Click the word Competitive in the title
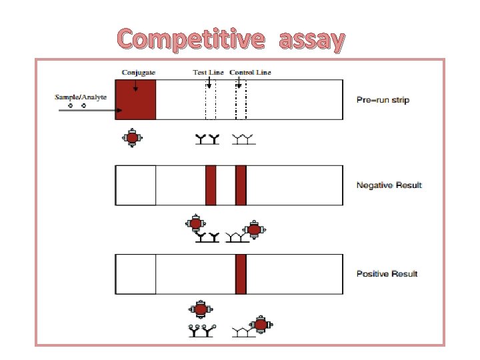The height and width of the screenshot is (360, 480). tap(190, 40)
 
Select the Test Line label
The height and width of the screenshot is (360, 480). tap(208, 72)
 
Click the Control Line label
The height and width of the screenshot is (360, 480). tap(250, 72)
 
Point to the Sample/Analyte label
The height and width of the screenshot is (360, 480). tap(80, 97)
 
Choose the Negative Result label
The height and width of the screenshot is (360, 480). tap(389, 185)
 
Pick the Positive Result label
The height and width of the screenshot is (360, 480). tap(387, 273)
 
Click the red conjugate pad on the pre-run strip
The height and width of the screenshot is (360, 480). tap(136, 100)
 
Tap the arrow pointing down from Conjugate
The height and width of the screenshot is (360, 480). tap(135, 85)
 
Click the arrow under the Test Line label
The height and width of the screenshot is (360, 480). tap(209, 83)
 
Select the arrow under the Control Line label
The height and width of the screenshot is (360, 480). tap(239, 83)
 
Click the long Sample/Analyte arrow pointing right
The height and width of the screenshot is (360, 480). tap(87, 110)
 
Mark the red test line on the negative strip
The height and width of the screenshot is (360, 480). tap(211, 185)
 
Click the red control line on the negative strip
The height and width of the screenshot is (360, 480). tap(241, 185)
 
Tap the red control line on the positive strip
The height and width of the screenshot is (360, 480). tap(241, 273)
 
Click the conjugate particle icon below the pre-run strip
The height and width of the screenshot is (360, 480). tap(132, 138)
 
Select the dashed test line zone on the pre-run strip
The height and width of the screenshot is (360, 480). tap(211, 100)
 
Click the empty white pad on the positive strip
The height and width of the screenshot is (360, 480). tap(136, 273)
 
